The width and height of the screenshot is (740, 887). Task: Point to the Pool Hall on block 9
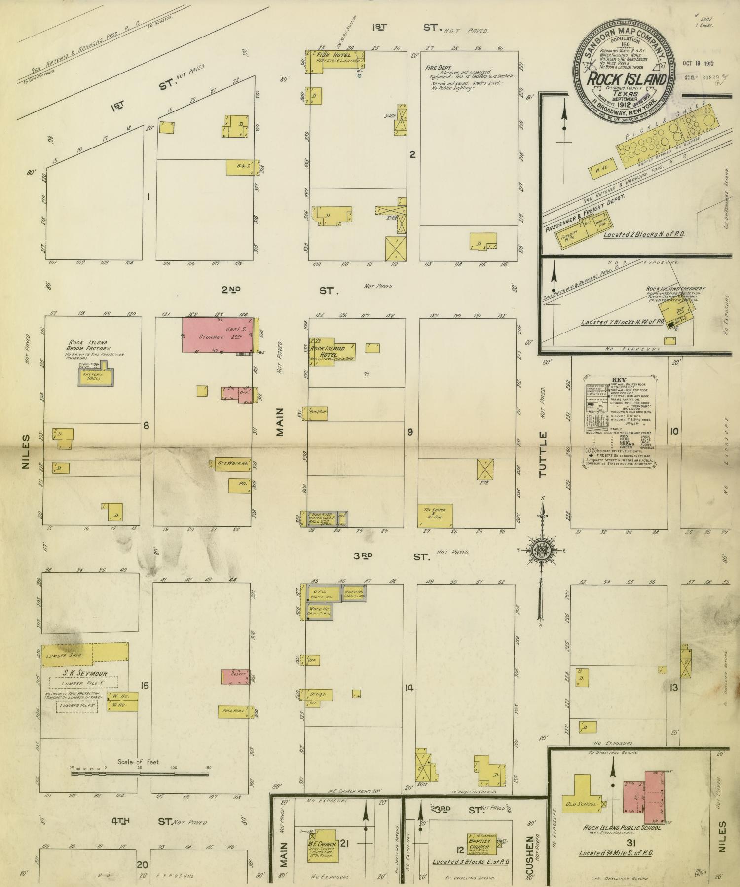318,412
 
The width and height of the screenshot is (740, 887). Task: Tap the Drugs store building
318,694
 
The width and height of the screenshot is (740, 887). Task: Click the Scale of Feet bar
140,773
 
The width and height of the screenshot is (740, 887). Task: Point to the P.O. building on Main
240,485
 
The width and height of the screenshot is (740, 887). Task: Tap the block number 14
408,688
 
